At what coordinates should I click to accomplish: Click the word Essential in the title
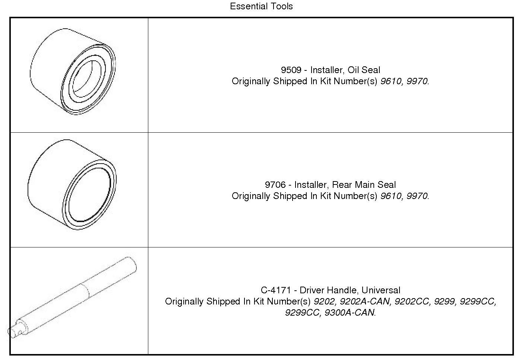click(x=247, y=6)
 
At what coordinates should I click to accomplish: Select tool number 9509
click(x=291, y=70)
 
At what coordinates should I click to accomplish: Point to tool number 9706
click(x=275, y=185)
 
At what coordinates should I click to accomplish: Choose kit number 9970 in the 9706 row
click(x=417, y=196)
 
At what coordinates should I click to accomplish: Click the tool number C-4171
click(x=276, y=290)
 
